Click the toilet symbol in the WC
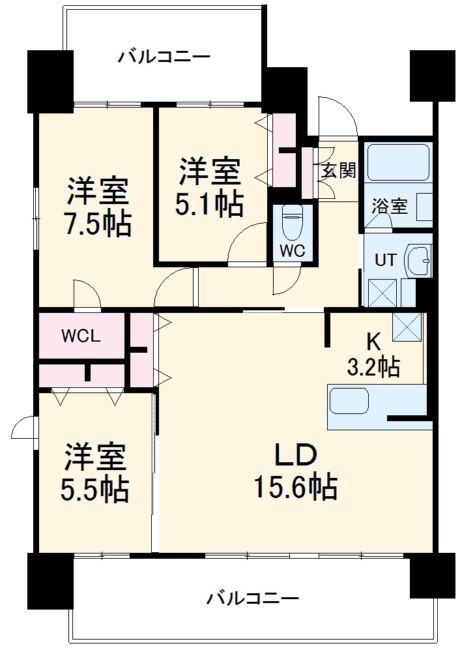tap(291, 222)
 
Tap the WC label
tap(291, 251)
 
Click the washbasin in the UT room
tap(417, 261)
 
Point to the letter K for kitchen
tap(373, 341)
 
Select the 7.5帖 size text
tap(98, 224)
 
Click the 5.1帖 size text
tap(210, 204)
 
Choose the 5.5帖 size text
tap(95, 489)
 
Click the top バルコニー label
tap(164, 57)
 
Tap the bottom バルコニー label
tap(253, 597)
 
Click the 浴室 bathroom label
tap(390, 207)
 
